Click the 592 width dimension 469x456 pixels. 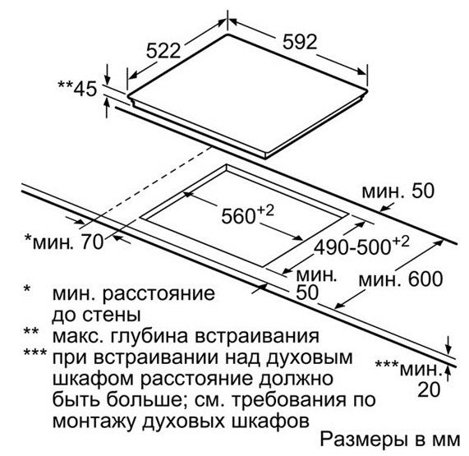pos(300,42)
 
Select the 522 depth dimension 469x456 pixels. pos(163,51)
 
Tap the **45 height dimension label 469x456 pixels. pos(77,89)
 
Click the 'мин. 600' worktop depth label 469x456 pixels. pos(401,279)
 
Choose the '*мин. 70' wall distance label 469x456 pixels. pos(64,242)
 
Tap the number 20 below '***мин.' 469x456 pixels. pos(430,389)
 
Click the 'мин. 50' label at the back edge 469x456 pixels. pos(398,191)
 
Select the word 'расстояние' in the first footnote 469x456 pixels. pos(159,294)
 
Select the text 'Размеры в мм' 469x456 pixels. pos(390,440)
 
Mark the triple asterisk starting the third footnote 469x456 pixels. pos(35,352)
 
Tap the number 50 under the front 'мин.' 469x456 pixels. pos(307,292)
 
